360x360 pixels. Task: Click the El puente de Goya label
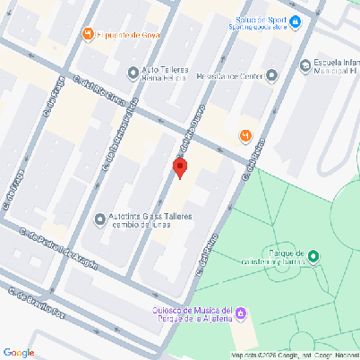pos(130,35)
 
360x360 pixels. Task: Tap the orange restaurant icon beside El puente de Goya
pos(88,35)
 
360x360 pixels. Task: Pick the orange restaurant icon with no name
pos(245,135)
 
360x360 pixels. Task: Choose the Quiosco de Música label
pos(192,313)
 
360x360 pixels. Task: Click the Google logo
pos(19,352)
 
